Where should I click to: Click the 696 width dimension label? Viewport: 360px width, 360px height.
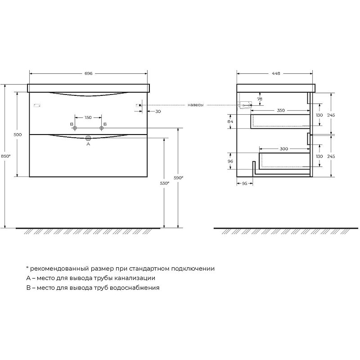click(88, 73)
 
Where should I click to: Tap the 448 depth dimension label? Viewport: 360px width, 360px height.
click(276, 73)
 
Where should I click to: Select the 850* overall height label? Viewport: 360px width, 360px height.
click(6, 156)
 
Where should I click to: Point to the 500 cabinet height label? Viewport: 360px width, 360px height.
click(18, 135)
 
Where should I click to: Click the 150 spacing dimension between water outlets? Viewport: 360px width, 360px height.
click(88, 117)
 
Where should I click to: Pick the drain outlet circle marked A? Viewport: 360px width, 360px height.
click(88, 138)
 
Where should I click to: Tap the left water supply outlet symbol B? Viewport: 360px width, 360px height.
click(75, 128)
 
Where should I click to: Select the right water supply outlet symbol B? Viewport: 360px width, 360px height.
click(102, 128)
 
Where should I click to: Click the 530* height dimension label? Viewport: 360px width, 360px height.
click(165, 183)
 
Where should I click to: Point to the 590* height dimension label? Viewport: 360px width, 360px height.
click(178, 178)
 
